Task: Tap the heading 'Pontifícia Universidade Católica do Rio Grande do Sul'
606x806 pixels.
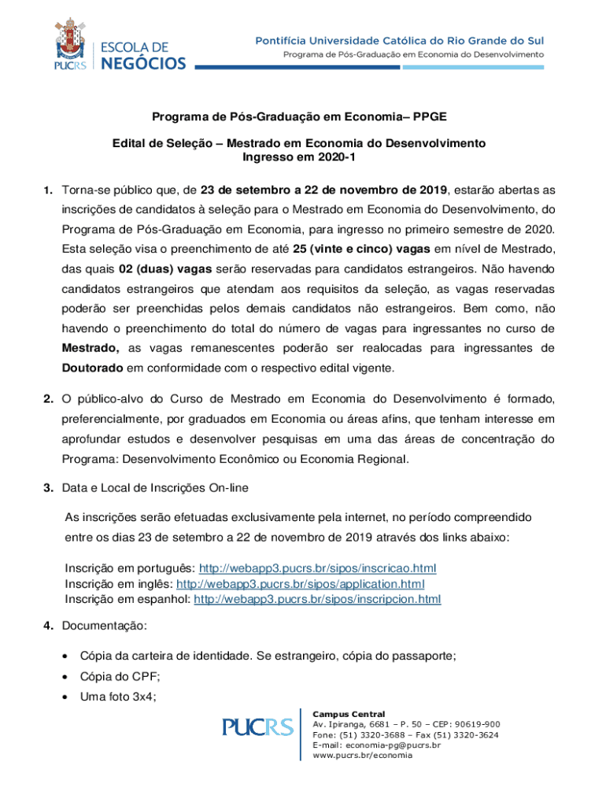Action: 408,40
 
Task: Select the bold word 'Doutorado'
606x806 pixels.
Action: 93,368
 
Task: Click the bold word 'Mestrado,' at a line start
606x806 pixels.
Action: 91,348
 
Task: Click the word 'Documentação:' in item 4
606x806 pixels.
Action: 105,626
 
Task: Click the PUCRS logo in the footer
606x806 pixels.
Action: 257,727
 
